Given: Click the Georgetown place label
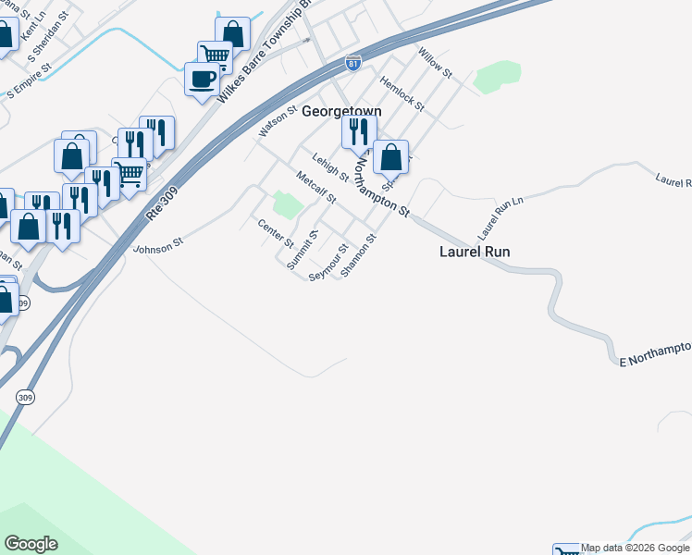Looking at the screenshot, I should pyautogui.click(x=341, y=111).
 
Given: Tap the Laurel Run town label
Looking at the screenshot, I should pyautogui.click(x=474, y=251).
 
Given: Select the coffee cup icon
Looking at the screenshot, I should pyautogui.click(x=202, y=79).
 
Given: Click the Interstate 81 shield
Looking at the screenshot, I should pyautogui.click(x=352, y=63).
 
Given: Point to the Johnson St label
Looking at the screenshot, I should pyautogui.click(x=159, y=246).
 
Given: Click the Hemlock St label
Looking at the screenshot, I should pyautogui.click(x=402, y=93).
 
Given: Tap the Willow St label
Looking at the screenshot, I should pyautogui.click(x=434, y=63).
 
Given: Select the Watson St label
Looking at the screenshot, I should pyautogui.click(x=275, y=123).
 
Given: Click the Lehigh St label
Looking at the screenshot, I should pyautogui.click(x=330, y=166).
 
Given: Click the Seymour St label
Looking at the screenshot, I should pyautogui.click(x=328, y=263).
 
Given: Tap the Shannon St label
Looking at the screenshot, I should pyautogui.click(x=359, y=255).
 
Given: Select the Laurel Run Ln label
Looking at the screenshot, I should pyautogui.click(x=500, y=214).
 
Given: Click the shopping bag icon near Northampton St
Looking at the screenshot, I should pyautogui.click(x=391, y=157).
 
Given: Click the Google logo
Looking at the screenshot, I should pyautogui.click(x=31, y=544).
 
